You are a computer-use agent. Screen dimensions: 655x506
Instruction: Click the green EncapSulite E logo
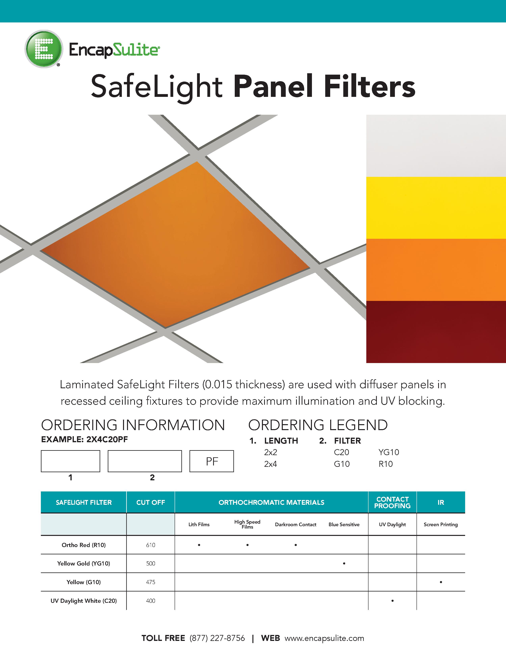click(x=44, y=49)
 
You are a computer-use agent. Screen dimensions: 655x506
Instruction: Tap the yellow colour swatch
click(x=436, y=208)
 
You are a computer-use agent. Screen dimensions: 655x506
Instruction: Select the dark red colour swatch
click(x=436, y=332)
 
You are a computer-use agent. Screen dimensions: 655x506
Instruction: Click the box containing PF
click(x=212, y=461)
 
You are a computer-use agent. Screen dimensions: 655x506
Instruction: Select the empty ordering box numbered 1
click(x=70, y=461)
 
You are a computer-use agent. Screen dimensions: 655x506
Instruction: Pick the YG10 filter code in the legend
click(x=389, y=452)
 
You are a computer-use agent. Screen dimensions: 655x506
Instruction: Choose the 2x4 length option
click(x=270, y=464)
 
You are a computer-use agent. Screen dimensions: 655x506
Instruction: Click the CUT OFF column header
click(x=150, y=502)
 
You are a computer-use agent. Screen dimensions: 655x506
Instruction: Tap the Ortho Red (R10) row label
click(x=84, y=545)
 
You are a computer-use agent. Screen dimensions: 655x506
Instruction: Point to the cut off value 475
click(x=150, y=582)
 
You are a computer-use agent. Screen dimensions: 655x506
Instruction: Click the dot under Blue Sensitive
click(x=344, y=563)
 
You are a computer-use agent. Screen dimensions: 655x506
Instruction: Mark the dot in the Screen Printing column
click(x=441, y=582)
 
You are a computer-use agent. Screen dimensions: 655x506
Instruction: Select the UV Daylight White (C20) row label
click(x=84, y=601)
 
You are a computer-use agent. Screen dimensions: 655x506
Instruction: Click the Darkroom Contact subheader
click(x=296, y=525)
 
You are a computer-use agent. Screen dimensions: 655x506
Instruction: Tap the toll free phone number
click(x=217, y=638)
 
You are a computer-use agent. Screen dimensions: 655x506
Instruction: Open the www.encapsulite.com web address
click(x=324, y=638)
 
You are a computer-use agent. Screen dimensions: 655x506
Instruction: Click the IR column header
click(x=441, y=502)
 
